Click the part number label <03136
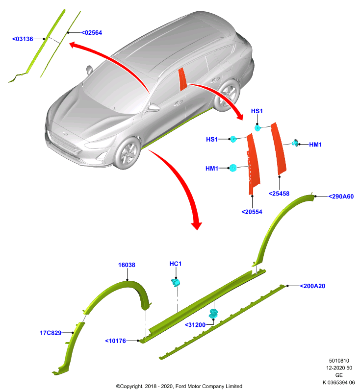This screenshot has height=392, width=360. point(23,39)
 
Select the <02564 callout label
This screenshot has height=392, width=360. point(92,33)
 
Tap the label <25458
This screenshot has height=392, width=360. point(279,194)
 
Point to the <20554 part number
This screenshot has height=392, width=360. point(252,212)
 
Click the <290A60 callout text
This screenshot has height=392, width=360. point(341,196)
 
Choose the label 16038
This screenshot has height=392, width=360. point(127,265)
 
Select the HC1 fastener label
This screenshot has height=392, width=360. point(176,264)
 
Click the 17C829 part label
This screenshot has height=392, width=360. point(51,333)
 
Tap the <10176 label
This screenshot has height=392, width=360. point(116,341)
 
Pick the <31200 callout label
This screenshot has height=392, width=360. point(195,325)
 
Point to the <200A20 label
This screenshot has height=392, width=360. point(313,286)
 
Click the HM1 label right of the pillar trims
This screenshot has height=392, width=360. point(315,145)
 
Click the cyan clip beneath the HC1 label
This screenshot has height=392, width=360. point(176,283)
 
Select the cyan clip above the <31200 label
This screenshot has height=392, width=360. point(213,314)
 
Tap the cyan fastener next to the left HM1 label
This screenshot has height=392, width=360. point(233,168)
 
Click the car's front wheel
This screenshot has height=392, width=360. point(128,153)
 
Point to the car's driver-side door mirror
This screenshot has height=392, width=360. point(153,107)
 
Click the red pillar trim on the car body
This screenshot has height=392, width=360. point(182,79)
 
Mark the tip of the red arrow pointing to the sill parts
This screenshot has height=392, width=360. point(197,230)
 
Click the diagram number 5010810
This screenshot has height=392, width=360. point(339,361)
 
